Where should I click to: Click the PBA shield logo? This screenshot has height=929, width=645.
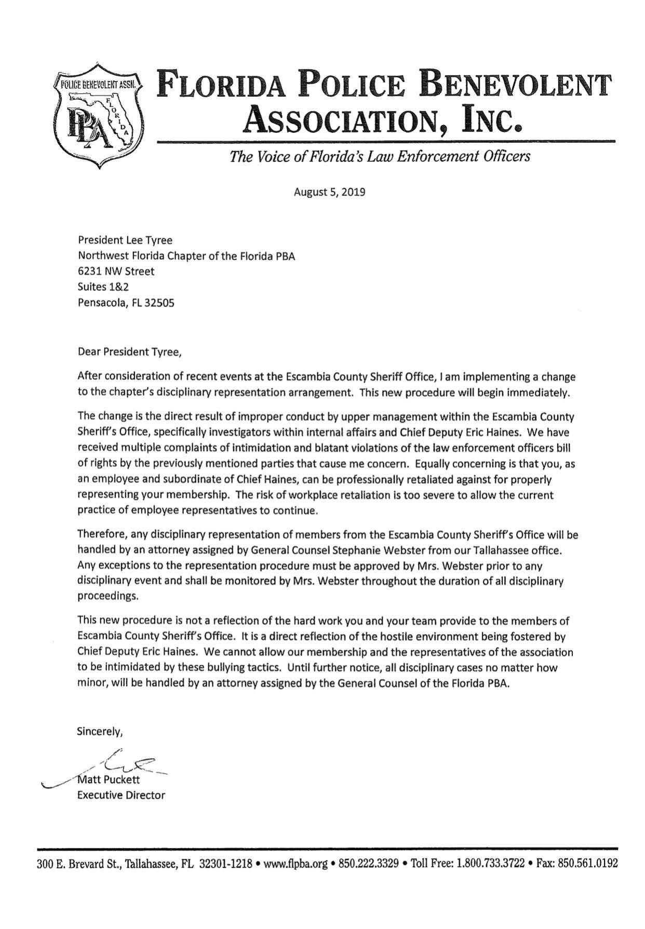[100, 116]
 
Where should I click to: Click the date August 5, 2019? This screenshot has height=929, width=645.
[329, 192]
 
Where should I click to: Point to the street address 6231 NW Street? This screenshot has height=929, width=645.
[116, 271]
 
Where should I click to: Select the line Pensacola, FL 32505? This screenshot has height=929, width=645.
[126, 302]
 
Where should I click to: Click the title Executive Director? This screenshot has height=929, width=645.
[121, 795]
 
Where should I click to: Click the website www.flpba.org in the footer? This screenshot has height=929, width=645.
[296, 864]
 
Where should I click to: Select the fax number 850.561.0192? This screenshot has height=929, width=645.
[587, 864]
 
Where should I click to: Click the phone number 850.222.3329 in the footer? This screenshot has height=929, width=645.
[369, 864]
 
